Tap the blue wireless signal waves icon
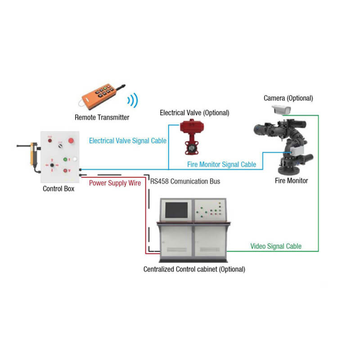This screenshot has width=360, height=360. coord(132,100)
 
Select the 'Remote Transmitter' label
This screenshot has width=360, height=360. coord(102,117)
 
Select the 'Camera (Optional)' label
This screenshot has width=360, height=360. coord(288,98)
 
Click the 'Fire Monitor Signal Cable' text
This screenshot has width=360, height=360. coord(221,165)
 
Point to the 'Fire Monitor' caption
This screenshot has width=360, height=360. coord(291,181)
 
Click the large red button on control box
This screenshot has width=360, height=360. coord(71,141)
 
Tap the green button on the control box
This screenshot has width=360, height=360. coord(65,159)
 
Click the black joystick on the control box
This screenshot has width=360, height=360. coord(54,166)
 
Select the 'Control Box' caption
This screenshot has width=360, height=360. coord(58,189)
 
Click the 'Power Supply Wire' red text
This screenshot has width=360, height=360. coord(115,183)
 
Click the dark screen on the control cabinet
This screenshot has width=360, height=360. coord(177,211)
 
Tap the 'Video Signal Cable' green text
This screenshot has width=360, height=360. coord(276,246)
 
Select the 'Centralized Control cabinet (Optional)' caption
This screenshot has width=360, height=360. coord(194,269)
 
